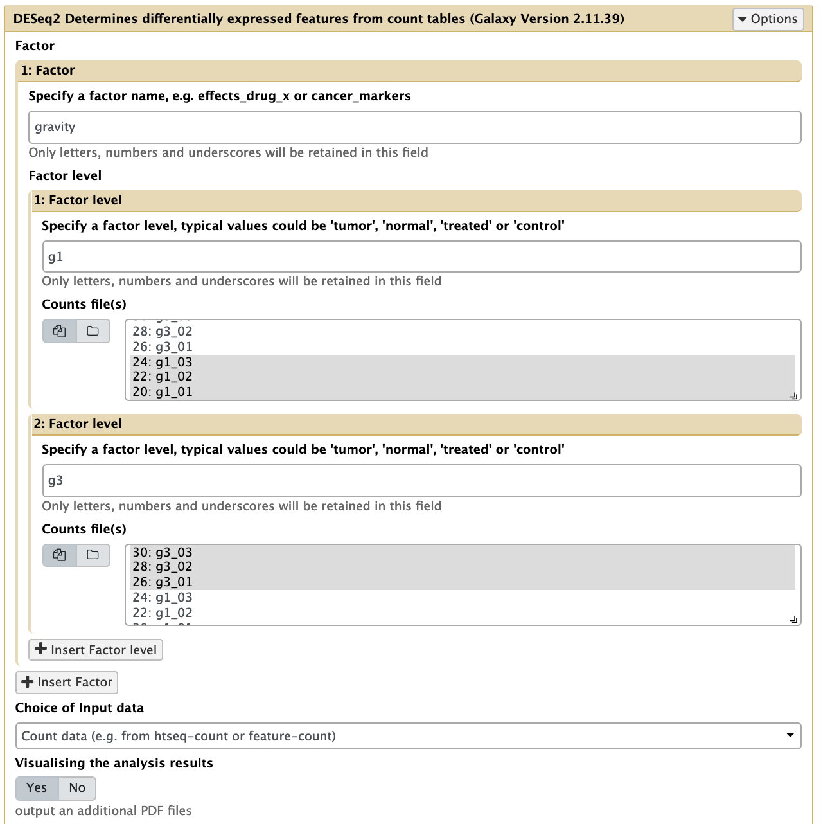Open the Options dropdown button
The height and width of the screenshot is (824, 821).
pyautogui.click(x=768, y=19)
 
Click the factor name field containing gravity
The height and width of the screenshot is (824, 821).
pyautogui.click(x=414, y=127)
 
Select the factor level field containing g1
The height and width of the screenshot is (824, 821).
pyautogui.click(x=421, y=257)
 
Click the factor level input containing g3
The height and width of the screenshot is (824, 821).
pyautogui.click(x=421, y=481)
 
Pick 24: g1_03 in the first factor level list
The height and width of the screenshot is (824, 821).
pyautogui.click(x=163, y=362)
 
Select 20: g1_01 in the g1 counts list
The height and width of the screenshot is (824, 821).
pyautogui.click(x=163, y=391)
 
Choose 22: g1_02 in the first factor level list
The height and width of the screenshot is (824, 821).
pyautogui.click(x=163, y=377)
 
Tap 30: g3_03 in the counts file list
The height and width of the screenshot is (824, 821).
pyautogui.click(x=163, y=552)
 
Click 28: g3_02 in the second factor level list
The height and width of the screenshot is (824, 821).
pyautogui.click(x=163, y=567)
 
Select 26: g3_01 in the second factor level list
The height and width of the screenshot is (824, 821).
pyautogui.click(x=163, y=582)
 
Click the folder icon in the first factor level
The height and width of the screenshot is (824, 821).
pyautogui.click(x=93, y=331)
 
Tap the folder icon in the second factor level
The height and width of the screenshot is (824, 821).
pyautogui.click(x=93, y=555)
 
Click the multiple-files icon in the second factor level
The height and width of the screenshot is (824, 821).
pyautogui.click(x=60, y=555)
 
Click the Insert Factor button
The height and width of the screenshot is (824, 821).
pyautogui.click(x=67, y=682)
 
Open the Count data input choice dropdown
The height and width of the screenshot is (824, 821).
pyautogui.click(x=408, y=736)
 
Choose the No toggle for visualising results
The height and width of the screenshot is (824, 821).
pyautogui.click(x=77, y=788)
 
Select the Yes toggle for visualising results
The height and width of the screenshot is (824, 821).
pyautogui.click(x=37, y=788)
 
